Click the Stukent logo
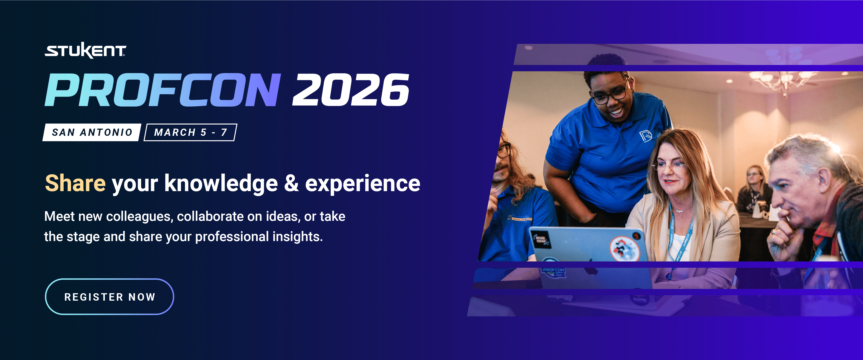85,51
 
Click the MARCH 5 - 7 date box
190,132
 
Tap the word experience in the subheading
363,184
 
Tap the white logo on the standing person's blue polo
646,136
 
